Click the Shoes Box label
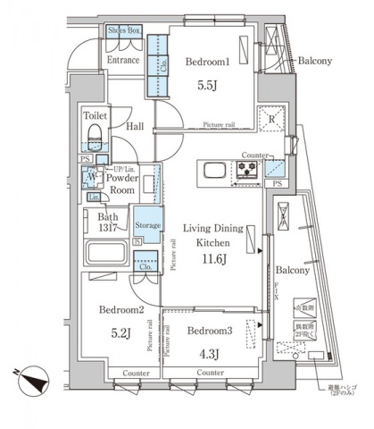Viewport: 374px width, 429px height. (123, 29)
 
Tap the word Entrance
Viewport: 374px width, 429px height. (124, 60)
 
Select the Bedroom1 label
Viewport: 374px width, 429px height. (208, 63)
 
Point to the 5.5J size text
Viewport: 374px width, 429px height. (209, 88)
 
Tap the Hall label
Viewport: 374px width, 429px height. (135, 127)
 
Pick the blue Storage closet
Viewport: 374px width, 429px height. (147, 224)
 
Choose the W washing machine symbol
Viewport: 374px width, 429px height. (93, 179)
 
